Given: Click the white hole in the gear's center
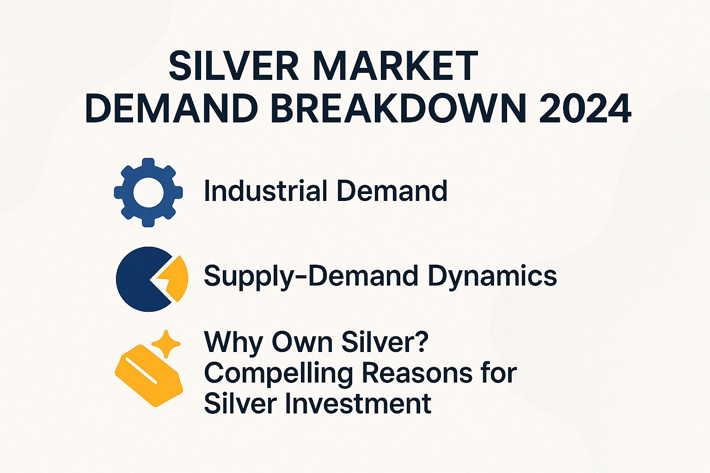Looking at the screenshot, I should click(148, 192).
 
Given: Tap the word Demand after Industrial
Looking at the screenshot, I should click(392, 191).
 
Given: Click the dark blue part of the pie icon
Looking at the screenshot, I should click(136, 279).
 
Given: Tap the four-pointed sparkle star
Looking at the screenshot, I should click(166, 343).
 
